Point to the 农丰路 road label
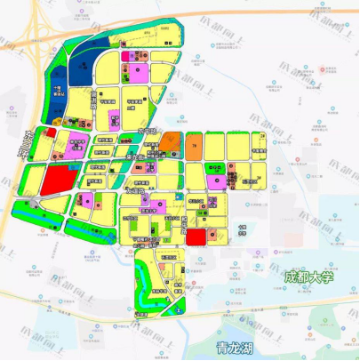click(148, 132)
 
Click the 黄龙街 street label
click(134, 157)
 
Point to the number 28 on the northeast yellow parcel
click(262, 134)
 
